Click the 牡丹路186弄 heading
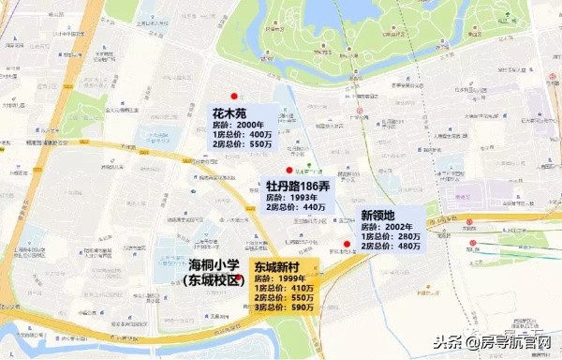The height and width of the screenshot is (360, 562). click(x=298, y=186)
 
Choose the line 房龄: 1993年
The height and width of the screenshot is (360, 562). click(x=289, y=198)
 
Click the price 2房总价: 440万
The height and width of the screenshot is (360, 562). click(x=295, y=208)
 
